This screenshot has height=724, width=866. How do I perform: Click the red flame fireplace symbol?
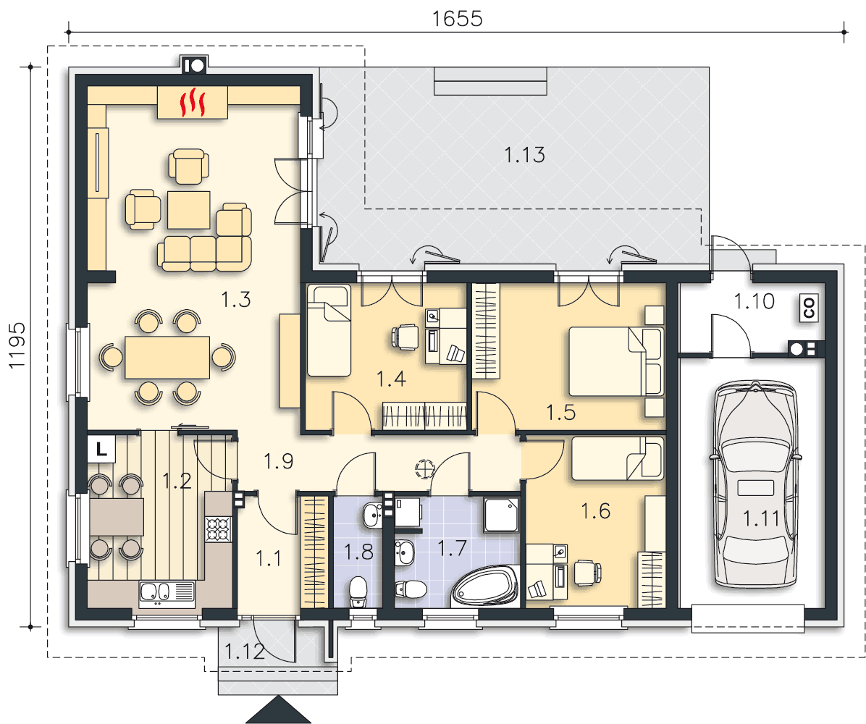(x=193, y=102)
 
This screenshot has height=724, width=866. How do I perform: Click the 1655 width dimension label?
(x=458, y=19)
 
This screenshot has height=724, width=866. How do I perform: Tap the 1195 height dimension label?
(x=17, y=345)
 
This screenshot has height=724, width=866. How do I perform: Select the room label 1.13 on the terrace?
(x=525, y=155)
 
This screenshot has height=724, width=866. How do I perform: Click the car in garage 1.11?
(x=756, y=484)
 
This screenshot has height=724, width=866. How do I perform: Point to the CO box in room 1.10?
(x=810, y=308)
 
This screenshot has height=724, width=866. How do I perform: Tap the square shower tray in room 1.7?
(x=501, y=514)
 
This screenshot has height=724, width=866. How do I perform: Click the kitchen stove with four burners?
(x=218, y=529)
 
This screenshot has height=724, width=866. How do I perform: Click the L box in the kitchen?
(x=101, y=448)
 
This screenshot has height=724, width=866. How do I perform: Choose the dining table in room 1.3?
(x=167, y=358)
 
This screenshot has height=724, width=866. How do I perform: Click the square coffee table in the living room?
(x=189, y=210)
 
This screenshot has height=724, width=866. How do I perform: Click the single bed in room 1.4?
(x=329, y=330)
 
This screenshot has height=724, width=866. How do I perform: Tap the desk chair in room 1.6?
(x=587, y=572)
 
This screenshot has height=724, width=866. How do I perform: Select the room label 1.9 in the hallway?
(x=278, y=461)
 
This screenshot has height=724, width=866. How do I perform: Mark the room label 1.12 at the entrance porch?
(x=245, y=652)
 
